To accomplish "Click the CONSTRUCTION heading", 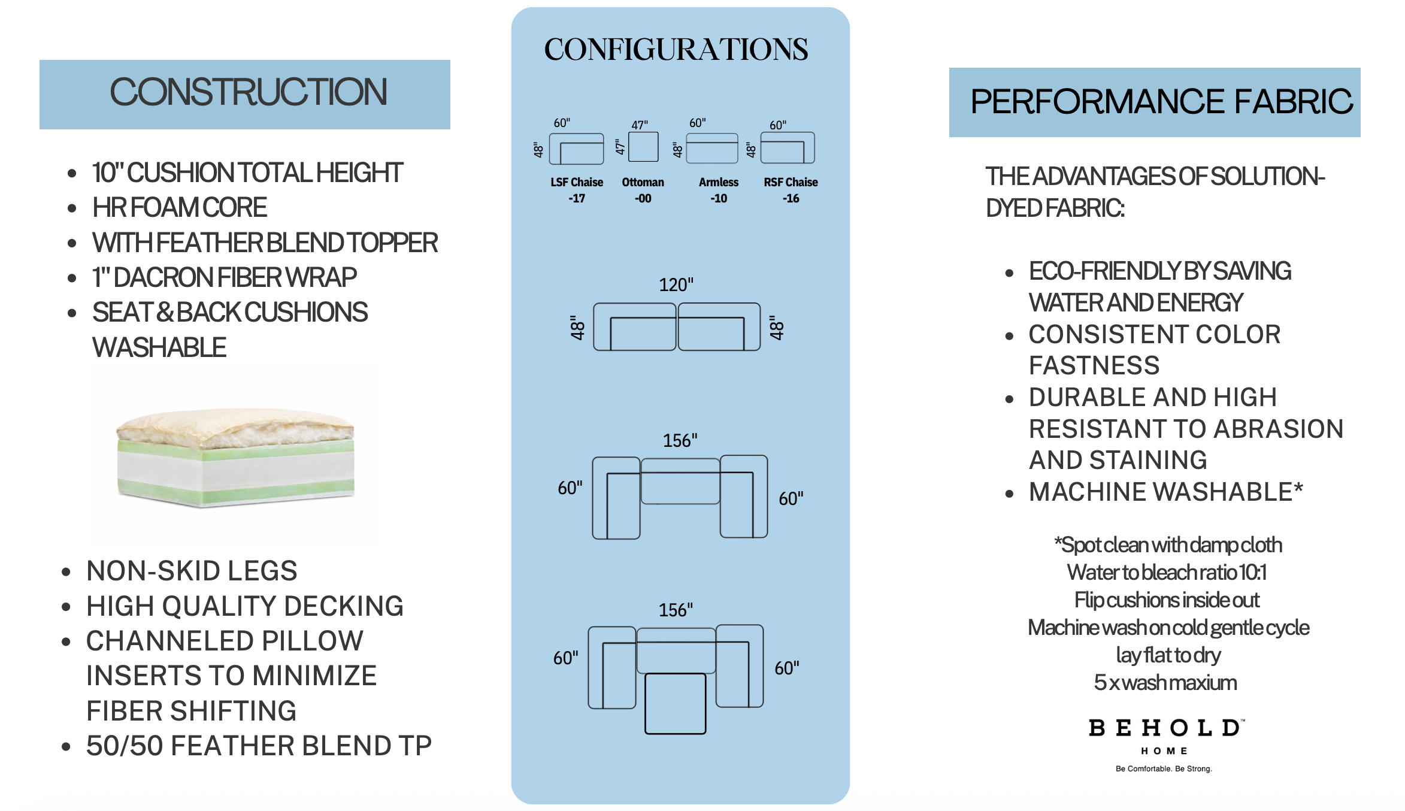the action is pyautogui.click(x=249, y=92).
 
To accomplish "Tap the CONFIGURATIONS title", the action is pyautogui.click(x=676, y=49).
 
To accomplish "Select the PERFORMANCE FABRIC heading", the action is pyautogui.click(x=1161, y=101).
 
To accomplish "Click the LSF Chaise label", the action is pyautogui.click(x=577, y=182).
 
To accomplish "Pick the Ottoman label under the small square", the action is pyautogui.click(x=643, y=182).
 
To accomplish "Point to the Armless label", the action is pyautogui.click(x=719, y=182).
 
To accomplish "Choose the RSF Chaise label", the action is pyautogui.click(x=791, y=182).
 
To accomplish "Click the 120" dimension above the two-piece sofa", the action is pyautogui.click(x=676, y=285).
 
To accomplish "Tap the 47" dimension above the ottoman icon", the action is pyautogui.click(x=640, y=125).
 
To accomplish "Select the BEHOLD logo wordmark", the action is pyautogui.click(x=1165, y=728).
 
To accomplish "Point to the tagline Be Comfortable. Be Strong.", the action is pyautogui.click(x=1164, y=768).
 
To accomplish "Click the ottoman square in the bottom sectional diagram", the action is pyautogui.click(x=675, y=704).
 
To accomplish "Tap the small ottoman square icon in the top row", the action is pyautogui.click(x=644, y=147).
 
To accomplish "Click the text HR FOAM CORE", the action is pyautogui.click(x=180, y=208).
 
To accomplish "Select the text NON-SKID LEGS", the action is pyautogui.click(x=192, y=571).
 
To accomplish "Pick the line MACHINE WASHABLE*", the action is pyautogui.click(x=1166, y=492).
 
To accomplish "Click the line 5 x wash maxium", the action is pyautogui.click(x=1165, y=683).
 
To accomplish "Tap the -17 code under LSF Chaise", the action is pyautogui.click(x=577, y=198).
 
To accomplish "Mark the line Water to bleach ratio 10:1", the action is pyautogui.click(x=1167, y=573).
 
